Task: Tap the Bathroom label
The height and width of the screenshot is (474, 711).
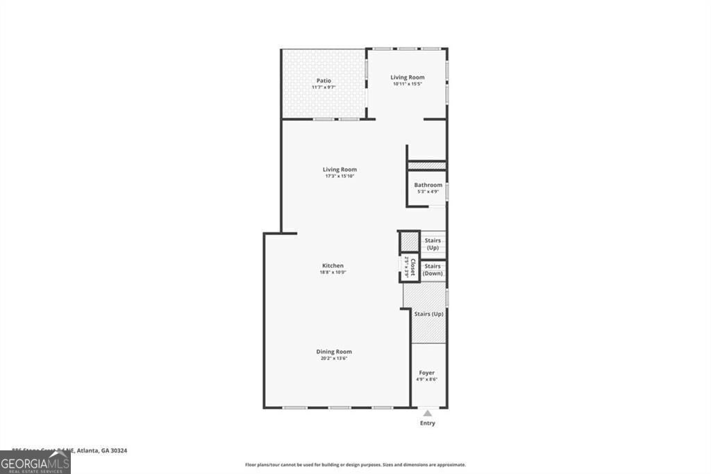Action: (428, 185)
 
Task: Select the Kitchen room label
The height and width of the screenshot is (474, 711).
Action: (333, 265)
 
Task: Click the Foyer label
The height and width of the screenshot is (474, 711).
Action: (426, 373)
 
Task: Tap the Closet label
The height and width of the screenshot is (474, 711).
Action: (412, 268)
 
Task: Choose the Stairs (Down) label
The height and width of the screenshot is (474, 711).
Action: (433, 270)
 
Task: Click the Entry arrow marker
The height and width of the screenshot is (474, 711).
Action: (428, 413)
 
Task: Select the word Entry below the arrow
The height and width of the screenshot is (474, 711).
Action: (428, 423)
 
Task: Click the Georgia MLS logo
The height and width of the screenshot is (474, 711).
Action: (35, 461)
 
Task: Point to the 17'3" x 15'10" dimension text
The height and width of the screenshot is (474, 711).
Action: (340, 177)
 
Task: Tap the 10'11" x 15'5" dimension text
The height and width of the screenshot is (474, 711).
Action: (407, 84)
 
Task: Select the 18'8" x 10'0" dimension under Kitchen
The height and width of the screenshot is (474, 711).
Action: (333, 272)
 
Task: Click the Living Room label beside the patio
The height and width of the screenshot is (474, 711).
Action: (407, 77)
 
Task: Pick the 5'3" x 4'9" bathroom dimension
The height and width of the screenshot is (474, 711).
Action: (428, 192)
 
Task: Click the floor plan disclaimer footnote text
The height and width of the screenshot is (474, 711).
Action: (355, 465)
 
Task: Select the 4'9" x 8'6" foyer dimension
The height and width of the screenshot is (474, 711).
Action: (426, 380)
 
